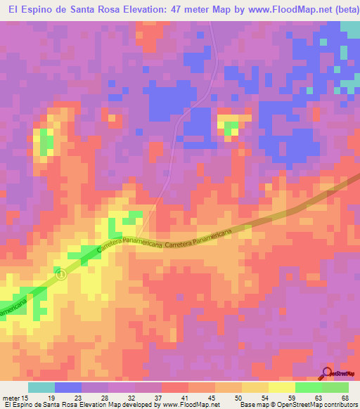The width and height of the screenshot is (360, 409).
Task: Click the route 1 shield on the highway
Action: tap(61, 275)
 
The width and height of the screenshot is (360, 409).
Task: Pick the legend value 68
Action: tap(345, 398)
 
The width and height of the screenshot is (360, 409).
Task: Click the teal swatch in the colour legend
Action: tap(41, 387)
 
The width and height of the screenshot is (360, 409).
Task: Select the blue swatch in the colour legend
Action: tap(68, 387)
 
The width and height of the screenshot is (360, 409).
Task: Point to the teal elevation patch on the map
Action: tap(349, 30)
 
